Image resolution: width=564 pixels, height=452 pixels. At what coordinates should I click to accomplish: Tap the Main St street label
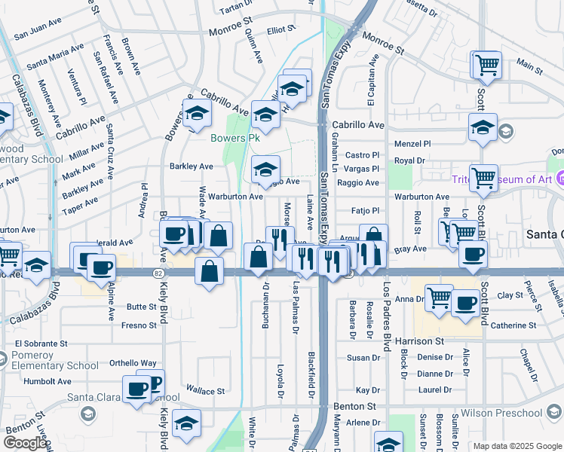[529, 68]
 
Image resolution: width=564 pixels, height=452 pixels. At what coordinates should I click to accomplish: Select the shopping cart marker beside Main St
[486, 65]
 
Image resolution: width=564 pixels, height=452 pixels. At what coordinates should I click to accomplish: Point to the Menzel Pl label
[412, 144]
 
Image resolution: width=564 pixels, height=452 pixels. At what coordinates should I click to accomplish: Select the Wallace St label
[205, 391]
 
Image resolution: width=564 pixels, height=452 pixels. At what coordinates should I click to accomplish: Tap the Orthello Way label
[133, 362]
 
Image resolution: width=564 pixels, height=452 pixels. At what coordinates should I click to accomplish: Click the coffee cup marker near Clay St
[466, 303]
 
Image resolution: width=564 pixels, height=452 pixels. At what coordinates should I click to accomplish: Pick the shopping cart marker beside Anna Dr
[438, 297]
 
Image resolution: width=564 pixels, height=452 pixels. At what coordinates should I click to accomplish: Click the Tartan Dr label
[234, 8]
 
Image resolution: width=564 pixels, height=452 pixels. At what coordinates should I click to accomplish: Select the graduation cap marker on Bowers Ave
[197, 115]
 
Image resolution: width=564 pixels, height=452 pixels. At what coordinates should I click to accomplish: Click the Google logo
[24, 443]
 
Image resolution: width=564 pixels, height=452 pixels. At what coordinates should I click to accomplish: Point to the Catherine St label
[513, 325]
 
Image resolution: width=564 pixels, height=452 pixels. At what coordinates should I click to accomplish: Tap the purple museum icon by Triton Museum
[559, 179]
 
